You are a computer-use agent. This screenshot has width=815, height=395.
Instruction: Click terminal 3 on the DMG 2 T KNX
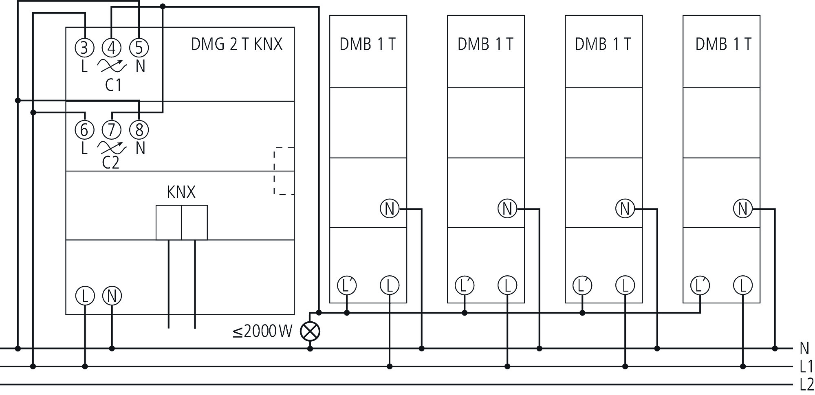click(84, 48)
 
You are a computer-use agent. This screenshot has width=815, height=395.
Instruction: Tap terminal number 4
click(112, 48)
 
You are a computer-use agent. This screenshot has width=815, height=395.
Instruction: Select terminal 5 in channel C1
click(139, 48)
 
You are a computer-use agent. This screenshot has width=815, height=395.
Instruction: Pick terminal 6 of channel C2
click(84, 130)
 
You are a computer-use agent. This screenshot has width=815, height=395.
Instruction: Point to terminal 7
click(112, 130)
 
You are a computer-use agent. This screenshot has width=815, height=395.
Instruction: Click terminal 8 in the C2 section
click(139, 130)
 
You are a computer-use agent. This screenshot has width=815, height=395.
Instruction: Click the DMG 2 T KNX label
click(237, 44)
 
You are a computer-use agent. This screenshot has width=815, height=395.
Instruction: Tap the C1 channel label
click(113, 85)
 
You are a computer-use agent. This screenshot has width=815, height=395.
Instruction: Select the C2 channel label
click(110, 163)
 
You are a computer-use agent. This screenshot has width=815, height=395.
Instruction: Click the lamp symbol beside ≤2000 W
click(310, 331)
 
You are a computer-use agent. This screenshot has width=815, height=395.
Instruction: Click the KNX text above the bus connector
click(181, 192)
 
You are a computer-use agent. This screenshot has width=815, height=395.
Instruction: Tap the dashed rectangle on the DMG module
click(284, 171)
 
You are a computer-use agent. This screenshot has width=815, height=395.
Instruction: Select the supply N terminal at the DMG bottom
click(112, 296)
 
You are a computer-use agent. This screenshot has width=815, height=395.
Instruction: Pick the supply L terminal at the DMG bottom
click(85, 296)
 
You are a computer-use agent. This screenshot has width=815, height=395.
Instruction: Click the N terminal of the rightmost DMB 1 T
click(742, 209)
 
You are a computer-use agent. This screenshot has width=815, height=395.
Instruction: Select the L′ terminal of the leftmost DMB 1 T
click(347, 285)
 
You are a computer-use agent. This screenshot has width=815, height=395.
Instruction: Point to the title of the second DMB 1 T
click(485, 44)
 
